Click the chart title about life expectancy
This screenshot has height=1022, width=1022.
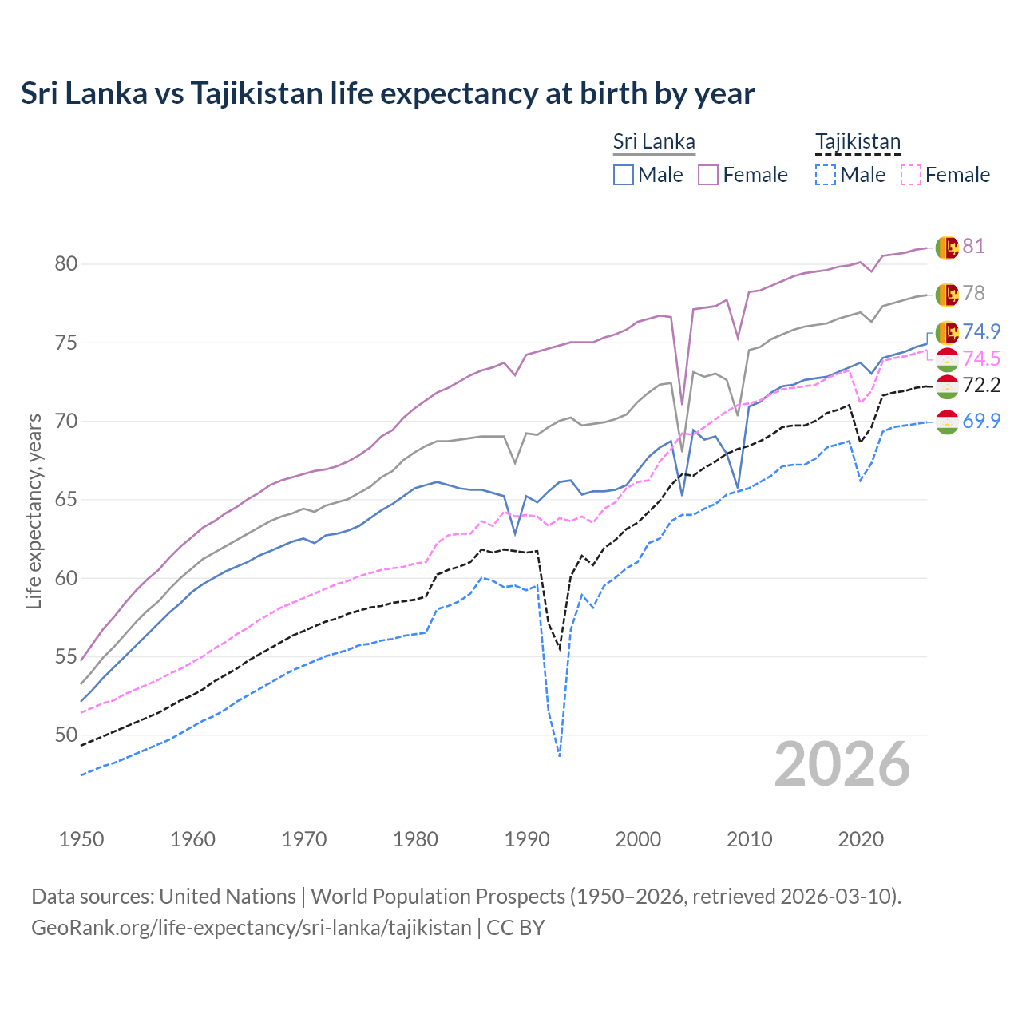click(387, 93)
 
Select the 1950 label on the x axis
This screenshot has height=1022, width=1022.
click(81, 839)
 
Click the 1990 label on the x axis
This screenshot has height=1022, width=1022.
click(527, 839)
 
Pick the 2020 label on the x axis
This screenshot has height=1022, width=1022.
click(861, 839)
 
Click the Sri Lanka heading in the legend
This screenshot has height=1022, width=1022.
click(654, 141)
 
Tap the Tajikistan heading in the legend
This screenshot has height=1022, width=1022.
click(858, 141)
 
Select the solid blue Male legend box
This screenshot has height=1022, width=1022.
click(624, 175)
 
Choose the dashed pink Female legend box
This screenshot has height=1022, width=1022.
click(911, 175)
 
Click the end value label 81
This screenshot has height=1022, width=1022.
click(973, 246)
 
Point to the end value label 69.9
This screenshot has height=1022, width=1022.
click(981, 421)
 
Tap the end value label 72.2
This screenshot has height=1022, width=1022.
click(981, 386)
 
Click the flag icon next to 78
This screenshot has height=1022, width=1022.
click(947, 294)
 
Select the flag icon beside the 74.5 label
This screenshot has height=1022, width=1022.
click(947, 358)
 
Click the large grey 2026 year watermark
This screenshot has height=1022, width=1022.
click(842, 764)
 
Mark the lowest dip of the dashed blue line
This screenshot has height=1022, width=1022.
click(560, 755)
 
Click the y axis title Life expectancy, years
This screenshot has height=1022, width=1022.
click(34, 511)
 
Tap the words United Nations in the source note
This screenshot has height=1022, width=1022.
click(228, 897)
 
